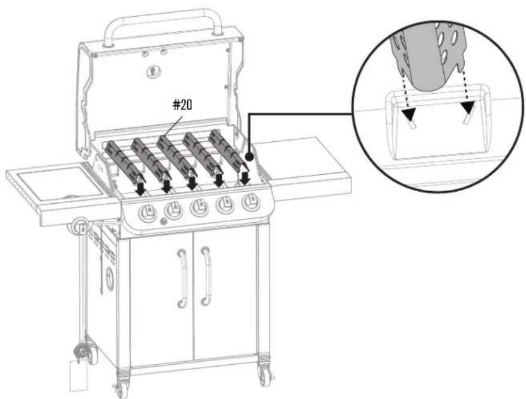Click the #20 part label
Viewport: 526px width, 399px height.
(x=183, y=105)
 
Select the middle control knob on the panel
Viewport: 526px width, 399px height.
(x=199, y=208)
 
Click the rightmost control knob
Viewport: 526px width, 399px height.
(x=250, y=202)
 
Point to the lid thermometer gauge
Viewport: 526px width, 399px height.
(x=153, y=71)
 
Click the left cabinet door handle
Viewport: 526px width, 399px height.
(x=183, y=278)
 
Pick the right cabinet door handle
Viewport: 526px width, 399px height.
(x=207, y=276)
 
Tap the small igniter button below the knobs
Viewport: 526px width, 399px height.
(x=163, y=221)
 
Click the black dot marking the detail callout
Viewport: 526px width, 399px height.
(x=249, y=157)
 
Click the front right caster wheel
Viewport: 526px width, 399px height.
(x=265, y=375)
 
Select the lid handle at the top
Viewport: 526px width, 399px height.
(x=163, y=27)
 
